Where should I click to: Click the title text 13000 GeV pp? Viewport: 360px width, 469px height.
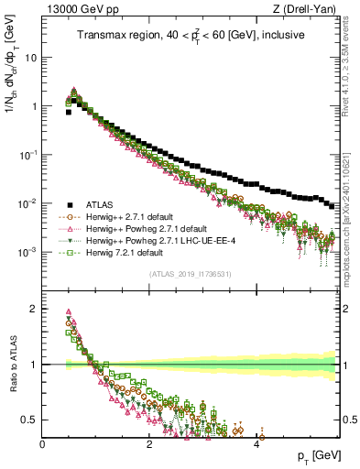76,10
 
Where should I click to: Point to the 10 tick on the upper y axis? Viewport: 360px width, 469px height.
30,57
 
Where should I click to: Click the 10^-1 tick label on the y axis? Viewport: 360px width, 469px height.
27,154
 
